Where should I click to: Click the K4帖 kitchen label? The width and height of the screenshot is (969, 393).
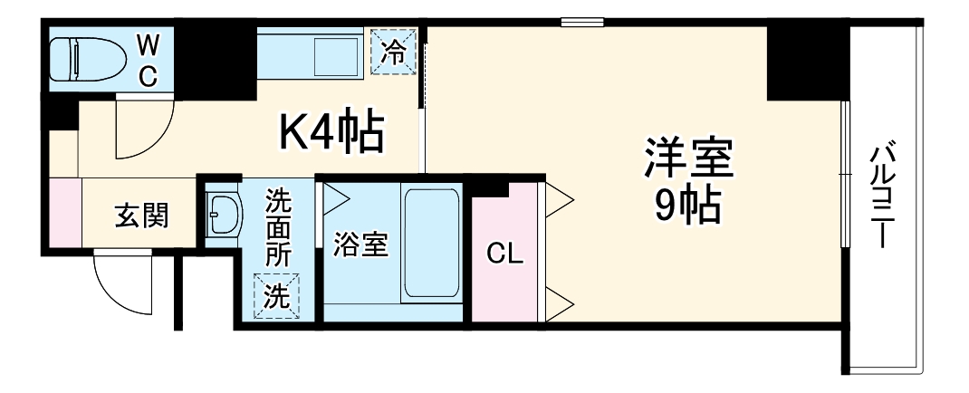point(331,133)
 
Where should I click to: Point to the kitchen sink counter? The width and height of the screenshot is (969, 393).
point(312,53)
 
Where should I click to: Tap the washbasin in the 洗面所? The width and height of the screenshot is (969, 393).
point(223,216)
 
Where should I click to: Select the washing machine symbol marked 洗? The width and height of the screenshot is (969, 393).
point(276,296)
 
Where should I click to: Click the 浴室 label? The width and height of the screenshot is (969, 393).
point(360,244)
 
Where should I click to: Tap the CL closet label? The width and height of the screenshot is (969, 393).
point(504,254)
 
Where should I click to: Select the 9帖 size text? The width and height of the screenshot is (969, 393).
point(686,207)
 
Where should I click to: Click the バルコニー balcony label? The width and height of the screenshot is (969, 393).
point(883,195)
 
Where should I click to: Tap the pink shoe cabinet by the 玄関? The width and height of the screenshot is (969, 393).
point(65,212)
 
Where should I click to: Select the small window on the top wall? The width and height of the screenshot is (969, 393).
point(581,22)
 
